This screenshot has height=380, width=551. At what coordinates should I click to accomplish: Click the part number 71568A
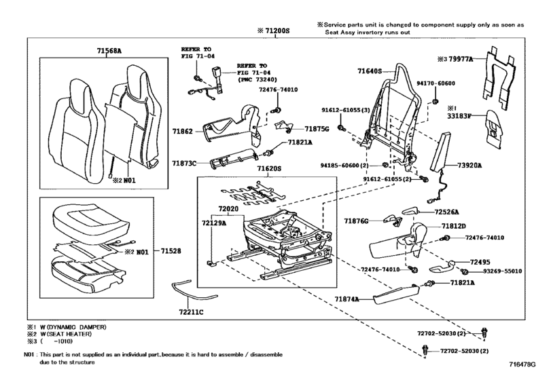coord(109,51)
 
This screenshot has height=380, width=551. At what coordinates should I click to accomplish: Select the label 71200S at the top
coord(277,31)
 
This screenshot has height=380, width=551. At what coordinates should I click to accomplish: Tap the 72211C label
coord(191,312)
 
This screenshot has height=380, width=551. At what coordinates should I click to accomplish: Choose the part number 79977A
coord(461,59)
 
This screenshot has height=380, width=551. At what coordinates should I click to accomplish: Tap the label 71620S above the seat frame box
coord(269,168)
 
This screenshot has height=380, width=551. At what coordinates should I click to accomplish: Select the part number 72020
coord(228,209)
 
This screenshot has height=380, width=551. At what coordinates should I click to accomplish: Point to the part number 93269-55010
coord(502,271)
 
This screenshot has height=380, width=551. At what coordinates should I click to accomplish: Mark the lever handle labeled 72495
coord(442,267)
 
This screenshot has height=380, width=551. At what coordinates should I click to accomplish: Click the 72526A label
coord(446,212)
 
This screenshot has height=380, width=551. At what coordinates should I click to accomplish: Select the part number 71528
coord(171,251)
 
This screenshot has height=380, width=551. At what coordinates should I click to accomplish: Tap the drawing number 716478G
coord(522,365)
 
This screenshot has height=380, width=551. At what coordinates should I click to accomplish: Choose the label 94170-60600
coord(436,83)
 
